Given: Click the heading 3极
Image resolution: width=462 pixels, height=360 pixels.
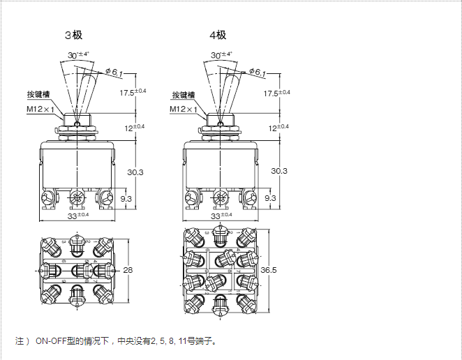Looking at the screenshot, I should (73, 35).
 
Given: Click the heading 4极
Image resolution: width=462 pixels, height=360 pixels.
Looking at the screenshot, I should (217, 35).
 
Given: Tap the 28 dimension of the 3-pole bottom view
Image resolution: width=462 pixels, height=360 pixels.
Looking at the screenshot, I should (127, 270).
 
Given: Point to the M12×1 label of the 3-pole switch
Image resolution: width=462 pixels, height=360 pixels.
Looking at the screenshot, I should (39, 110).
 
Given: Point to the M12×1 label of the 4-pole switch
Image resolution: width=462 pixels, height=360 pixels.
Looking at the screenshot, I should (182, 110).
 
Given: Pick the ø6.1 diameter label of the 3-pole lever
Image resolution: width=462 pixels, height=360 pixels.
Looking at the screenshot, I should (114, 72).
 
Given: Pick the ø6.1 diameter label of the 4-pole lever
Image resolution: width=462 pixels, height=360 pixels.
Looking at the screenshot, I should (257, 72).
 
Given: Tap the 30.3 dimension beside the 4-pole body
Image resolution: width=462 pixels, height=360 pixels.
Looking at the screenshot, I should (278, 171).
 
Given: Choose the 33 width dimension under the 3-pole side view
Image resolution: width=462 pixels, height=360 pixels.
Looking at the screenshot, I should (76, 216).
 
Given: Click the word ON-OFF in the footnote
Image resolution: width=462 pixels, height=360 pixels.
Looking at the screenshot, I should (50, 342).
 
